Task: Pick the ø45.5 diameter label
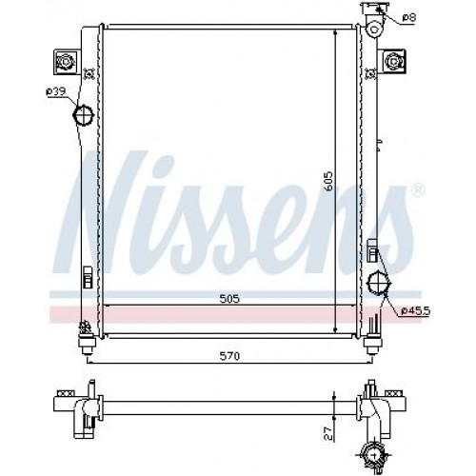416,310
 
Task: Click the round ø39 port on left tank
84,117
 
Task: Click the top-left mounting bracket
68,62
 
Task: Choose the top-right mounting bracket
393,62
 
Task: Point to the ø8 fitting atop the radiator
371,13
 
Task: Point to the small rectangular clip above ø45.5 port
373,253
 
